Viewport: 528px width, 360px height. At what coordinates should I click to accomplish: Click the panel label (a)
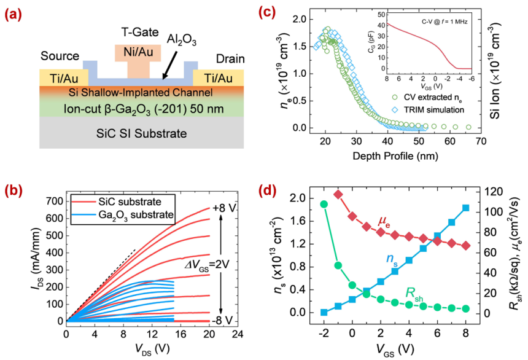pos(16,14)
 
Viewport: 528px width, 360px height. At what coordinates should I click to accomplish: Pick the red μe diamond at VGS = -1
pos(338,194)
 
